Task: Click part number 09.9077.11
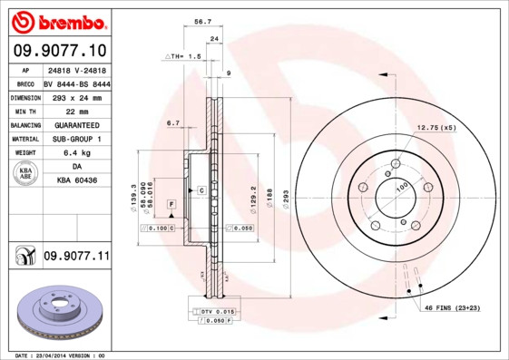click(x=75, y=257)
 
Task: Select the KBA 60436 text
click(x=77, y=181)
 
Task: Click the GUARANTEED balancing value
click(x=76, y=125)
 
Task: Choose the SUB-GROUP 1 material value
click(x=76, y=139)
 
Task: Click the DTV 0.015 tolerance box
click(x=210, y=311)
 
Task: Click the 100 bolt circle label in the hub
click(x=401, y=188)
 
